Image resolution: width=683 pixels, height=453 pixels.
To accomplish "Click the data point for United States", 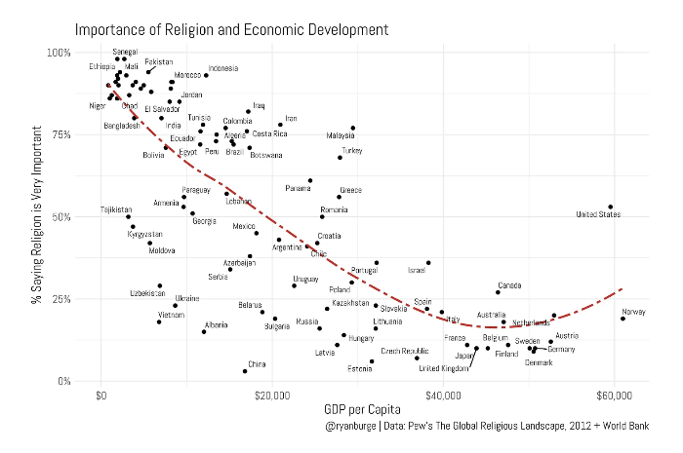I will point(610,207).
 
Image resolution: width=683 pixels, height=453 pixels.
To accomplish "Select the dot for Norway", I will point(623,318).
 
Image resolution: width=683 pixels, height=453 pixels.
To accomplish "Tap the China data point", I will point(244,371).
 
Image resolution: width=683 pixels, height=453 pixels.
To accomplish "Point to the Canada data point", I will point(498,292).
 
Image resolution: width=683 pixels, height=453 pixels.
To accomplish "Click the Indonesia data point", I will point(206,75).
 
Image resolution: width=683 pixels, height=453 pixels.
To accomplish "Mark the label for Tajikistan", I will point(116,209).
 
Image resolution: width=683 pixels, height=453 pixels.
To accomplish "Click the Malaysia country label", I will point(341,136).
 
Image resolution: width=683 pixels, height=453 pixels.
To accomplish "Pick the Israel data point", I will point(428,262).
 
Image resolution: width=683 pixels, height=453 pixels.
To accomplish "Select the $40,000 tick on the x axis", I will point(444,396).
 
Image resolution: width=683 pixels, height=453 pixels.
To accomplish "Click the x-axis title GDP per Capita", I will point(358,412).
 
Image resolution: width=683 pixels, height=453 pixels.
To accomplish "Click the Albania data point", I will point(204,331).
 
